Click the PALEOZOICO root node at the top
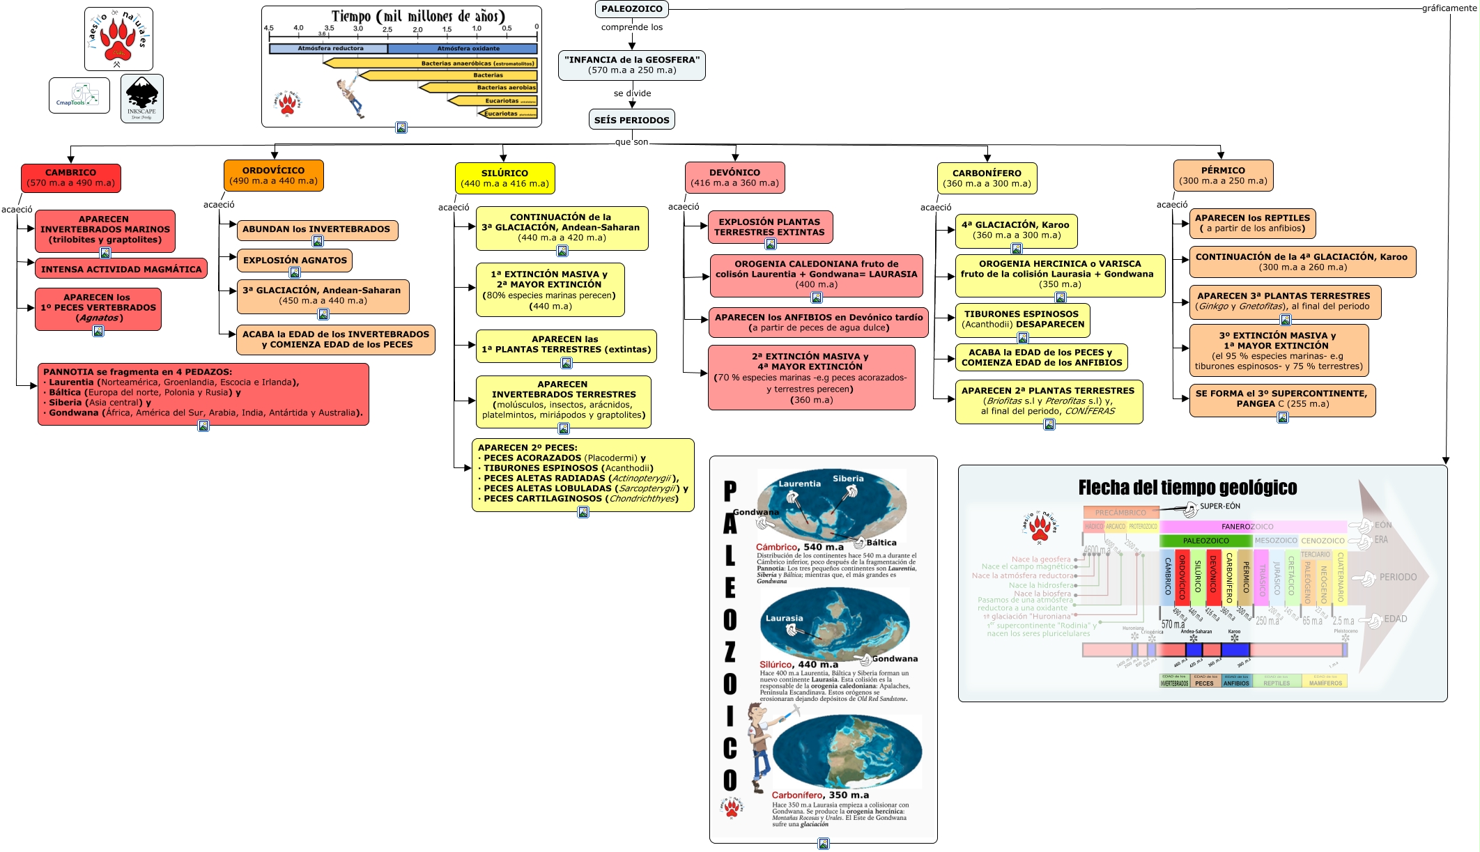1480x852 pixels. coord(631,9)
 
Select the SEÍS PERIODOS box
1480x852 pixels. coord(631,120)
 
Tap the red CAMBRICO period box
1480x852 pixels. coord(71,178)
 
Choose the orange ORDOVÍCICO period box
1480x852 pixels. coord(273,176)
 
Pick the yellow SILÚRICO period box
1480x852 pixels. coord(504,178)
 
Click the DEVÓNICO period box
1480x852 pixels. coord(734,178)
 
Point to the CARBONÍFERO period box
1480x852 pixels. coord(987,178)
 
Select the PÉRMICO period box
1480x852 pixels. coord(1223,176)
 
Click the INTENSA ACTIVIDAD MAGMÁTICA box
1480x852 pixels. coord(121,269)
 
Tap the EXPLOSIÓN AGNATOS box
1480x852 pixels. coord(295,261)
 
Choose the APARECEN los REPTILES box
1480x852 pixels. coord(1252,223)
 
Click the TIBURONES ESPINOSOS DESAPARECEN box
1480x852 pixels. coord(1022,319)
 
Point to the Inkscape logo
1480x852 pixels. coord(142,98)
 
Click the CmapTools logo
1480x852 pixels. coord(79,95)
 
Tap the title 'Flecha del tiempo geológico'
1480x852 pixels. coord(1187,488)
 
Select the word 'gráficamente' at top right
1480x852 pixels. coord(1449,8)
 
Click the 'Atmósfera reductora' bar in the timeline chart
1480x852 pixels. coord(329,49)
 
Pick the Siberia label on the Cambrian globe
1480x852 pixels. coord(847,479)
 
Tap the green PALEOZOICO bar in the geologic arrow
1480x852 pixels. coord(1205,541)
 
